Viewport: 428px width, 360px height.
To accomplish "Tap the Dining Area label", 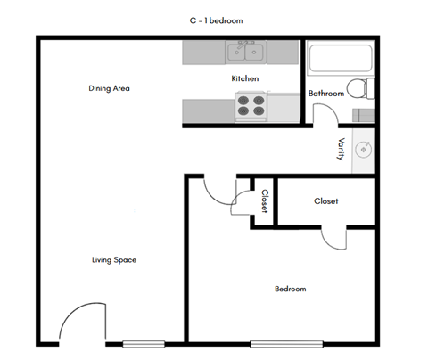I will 111,88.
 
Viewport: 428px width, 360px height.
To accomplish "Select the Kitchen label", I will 245,79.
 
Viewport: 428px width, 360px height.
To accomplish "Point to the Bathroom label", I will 325,93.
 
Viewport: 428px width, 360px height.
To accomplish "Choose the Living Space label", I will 113,260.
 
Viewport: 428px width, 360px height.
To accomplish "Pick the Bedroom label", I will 290,289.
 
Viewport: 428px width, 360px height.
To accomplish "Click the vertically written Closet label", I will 265,201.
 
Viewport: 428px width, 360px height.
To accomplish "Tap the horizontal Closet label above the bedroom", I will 326,201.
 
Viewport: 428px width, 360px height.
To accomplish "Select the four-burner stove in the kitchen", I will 251,107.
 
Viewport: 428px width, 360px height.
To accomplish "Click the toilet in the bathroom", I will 358,88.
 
